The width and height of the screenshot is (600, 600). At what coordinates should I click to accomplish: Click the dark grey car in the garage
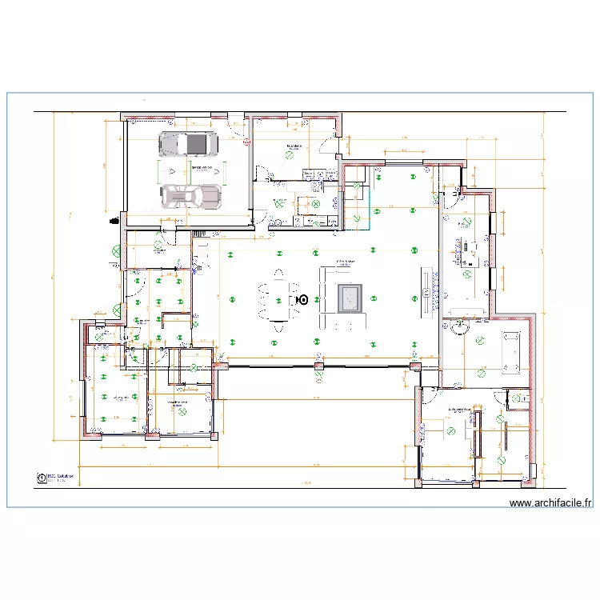pos(188,144)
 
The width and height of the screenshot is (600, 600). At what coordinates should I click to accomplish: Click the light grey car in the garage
pos(190,196)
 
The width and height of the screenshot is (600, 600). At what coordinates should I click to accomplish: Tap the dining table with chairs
pos(278,300)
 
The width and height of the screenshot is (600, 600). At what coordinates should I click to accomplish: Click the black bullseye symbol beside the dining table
pos(302,299)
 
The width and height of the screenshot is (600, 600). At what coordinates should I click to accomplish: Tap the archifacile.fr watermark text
pos(550,503)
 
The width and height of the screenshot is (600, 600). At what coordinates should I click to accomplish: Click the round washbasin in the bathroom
pos(460,327)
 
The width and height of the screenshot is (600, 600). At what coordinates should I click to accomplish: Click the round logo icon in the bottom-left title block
pos(41,478)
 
